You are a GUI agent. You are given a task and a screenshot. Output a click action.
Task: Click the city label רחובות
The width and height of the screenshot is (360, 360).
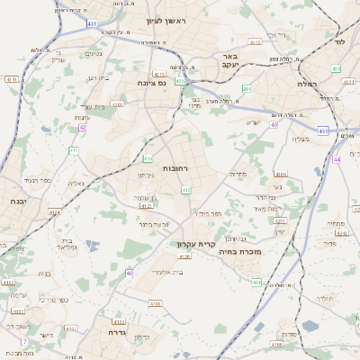click(x=175, y=168)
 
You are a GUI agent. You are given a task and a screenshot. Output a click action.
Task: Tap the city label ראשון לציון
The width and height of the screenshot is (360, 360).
click(x=157, y=18)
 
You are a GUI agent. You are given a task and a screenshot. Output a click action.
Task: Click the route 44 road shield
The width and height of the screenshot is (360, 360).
click(x=336, y=158)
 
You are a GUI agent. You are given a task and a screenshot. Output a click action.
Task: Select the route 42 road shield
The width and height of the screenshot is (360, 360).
click(x=82, y=128)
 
